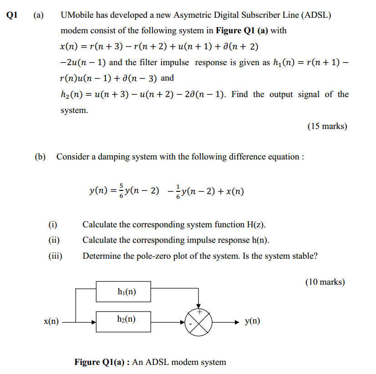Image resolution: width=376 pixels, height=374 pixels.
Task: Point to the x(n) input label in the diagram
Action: (51, 322)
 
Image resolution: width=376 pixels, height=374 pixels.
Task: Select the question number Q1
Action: (13, 14)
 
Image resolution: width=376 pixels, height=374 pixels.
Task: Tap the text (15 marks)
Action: (327, 126)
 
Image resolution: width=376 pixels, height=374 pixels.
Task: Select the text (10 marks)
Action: (325, 282)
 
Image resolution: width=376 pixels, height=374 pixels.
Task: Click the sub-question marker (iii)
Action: (55, 256)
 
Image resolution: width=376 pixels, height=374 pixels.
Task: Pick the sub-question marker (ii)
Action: (54, 240)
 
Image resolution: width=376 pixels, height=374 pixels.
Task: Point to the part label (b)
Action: (41, 157)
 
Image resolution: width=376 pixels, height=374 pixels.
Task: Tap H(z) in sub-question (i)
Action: (256, 225)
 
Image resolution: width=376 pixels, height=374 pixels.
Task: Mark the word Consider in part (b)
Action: (72, 157)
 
